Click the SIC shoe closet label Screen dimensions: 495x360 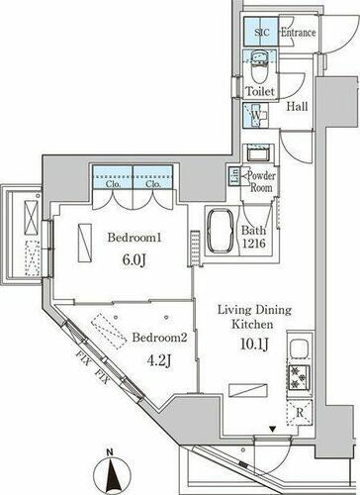[x=262, y=33]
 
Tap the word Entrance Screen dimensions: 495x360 [x=298, y=33]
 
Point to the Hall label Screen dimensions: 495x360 [x=297, y=108]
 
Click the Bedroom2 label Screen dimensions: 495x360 [x=159, y=337]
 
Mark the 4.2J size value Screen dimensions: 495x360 [x=161, y=361]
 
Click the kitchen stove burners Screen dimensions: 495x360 [x=298, y=377]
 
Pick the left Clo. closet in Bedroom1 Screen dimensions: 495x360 [x=112, y=182]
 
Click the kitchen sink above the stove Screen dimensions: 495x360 [x=298, y=349]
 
